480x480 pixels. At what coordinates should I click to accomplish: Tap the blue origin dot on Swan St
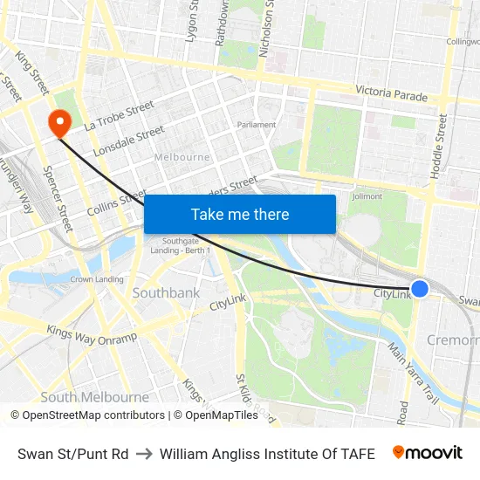click(420, 288)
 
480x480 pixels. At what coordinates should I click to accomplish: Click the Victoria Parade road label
click(392, 94)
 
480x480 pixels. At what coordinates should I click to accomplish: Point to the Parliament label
click(257, 125)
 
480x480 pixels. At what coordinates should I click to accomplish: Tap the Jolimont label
click(367, 196)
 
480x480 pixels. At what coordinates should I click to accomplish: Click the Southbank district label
click(166, 293)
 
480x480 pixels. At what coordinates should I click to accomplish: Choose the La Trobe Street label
click(119, 115)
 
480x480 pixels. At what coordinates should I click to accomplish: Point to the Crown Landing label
click(96, 279)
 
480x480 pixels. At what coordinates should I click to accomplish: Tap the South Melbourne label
click(83, 397)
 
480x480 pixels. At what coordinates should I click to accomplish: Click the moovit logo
click(428, 453)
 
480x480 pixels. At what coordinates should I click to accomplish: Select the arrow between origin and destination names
click(144, 454)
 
